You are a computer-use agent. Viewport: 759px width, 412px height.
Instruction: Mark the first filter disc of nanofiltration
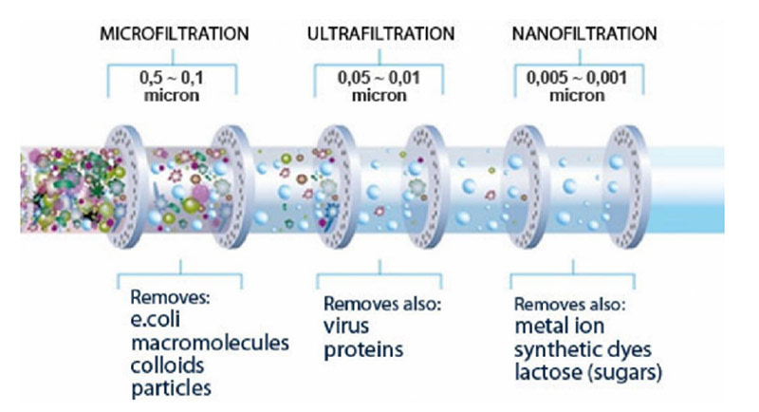(519, 189)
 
